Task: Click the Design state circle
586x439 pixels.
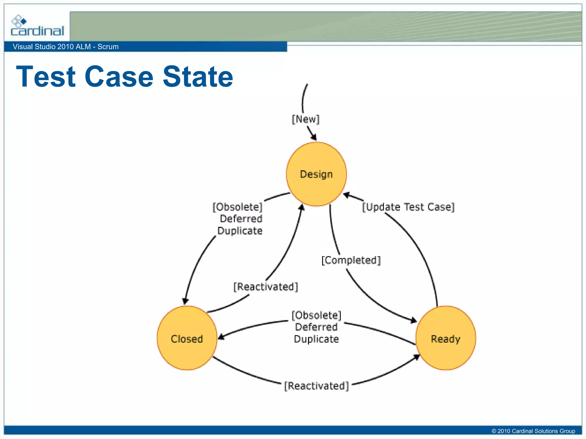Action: tap(316, 174)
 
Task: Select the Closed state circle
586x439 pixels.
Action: tap(187, 338)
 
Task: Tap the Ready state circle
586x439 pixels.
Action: tap(446, 338)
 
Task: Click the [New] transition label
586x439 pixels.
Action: tap(305, 119)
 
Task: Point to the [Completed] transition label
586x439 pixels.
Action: tap(351, 260)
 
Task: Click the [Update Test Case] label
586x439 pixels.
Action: tap(408, 207)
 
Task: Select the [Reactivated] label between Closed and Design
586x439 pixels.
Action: tap(266, 286)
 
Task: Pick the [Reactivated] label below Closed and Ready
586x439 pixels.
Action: tap(316, 386)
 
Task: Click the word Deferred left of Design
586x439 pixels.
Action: tap(241, 219)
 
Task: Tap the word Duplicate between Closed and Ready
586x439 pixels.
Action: tap(316, 339)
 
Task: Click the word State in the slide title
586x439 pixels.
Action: tap(198, 76)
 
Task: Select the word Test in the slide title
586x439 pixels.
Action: tap(46, 76)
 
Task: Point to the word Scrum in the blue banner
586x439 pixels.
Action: tap(108, 47)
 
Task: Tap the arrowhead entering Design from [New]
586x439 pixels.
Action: tap(314, 137)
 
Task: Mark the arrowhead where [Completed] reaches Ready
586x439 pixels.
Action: tap(413, 320)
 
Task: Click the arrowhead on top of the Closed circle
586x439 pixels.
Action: tap(185, 301)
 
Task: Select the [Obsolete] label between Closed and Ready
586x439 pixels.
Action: tap(316, 315)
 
